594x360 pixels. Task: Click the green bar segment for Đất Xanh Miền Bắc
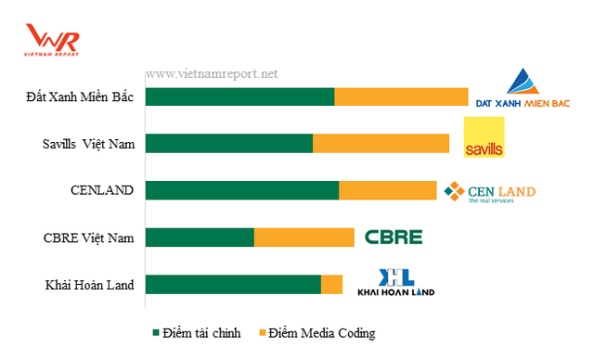239,96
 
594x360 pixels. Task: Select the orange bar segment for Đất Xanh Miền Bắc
401,96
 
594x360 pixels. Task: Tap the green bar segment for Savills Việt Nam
229,143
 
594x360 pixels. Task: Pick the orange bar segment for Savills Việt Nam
381,143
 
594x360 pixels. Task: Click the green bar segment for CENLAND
242,190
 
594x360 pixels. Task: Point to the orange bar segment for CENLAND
387,190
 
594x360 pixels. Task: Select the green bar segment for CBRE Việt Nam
200,238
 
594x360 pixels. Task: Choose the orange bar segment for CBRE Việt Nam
303,238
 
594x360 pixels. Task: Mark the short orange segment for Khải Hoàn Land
331,285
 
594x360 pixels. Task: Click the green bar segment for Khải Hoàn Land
233,285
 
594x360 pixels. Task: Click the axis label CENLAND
102,190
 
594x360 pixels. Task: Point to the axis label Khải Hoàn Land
89,285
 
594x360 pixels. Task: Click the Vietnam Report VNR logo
53,41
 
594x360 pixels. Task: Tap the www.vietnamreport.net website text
212,73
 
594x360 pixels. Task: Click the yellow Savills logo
484,138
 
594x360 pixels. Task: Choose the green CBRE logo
393,237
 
